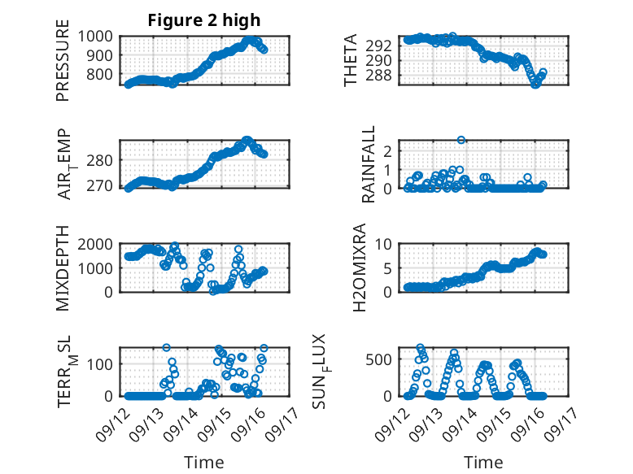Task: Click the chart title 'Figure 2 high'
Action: (204, 21)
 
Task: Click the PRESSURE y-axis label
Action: (63, 66)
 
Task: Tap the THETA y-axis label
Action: (351, 60)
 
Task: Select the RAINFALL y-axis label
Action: (369, 164)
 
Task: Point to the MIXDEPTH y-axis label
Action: (63, 267)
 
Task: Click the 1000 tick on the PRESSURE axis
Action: (100, 36)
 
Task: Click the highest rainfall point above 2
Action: (461, 140)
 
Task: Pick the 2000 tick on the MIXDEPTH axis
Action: (100, 244)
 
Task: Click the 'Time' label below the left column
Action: (204, 463)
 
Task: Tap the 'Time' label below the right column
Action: (483, 463)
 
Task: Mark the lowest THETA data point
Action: (535, 84)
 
